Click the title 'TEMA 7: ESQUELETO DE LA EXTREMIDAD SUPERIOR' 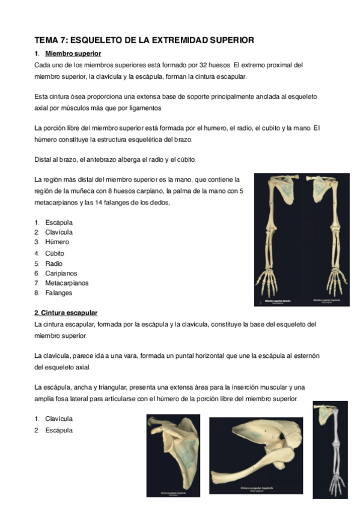point(144,40)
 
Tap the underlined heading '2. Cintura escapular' point(66,313)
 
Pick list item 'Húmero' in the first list point(57,242)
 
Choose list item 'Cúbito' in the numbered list point(55,253)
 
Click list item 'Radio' point(53,263)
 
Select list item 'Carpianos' point(59,273)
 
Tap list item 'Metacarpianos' point(67,283)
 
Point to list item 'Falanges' point(58,293)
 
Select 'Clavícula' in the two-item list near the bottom point(59,419)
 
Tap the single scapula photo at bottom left point(174,455)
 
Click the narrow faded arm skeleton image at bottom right point(330,450)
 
